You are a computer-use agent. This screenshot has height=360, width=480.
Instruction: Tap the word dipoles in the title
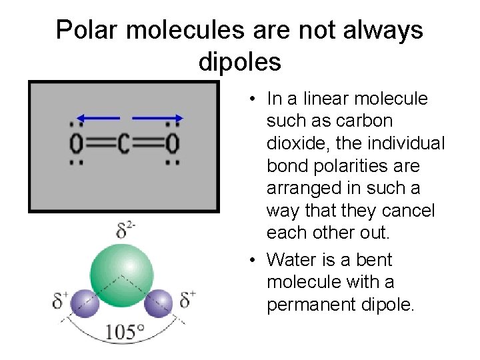pyautogui.click(x=240, y=62)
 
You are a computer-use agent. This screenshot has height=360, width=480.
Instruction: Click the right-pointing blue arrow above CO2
pyautogui.click(x=157, y=118)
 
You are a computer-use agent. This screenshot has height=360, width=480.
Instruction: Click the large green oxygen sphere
pyautogui.click(x=122, y=274)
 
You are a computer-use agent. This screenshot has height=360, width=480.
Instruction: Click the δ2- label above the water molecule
pyautogui.click(x=126, y=231)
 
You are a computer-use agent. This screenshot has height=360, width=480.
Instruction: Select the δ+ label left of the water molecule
pyautogui.click(x=61, y=301)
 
